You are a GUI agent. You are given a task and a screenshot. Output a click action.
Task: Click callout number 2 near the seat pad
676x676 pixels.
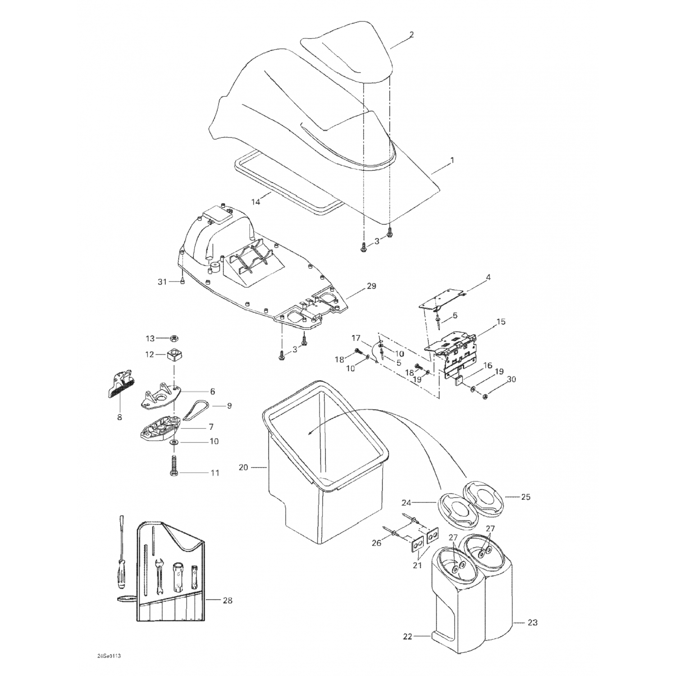[411, 34]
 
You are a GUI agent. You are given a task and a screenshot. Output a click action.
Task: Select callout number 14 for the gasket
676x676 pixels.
[256, 202]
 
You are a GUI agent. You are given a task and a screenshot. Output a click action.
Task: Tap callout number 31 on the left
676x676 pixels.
[162, 282]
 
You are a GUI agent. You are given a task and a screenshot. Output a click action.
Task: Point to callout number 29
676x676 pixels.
[371, 286]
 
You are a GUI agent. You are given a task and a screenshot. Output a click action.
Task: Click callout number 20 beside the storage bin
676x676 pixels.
[243, 467]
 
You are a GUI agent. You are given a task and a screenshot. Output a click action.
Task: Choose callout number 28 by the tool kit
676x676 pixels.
[228, 601]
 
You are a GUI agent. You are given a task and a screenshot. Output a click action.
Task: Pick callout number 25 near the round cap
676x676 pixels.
[525, 497]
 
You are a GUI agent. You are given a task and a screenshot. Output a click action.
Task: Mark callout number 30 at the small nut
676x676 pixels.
[511, 379]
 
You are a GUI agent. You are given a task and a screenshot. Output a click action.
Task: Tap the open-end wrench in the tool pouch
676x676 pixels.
[159, 577]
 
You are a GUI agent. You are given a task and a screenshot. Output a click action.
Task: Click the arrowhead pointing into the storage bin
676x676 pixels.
[309, 433]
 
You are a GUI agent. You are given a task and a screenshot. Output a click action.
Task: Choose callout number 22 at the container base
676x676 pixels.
[407, 637]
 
